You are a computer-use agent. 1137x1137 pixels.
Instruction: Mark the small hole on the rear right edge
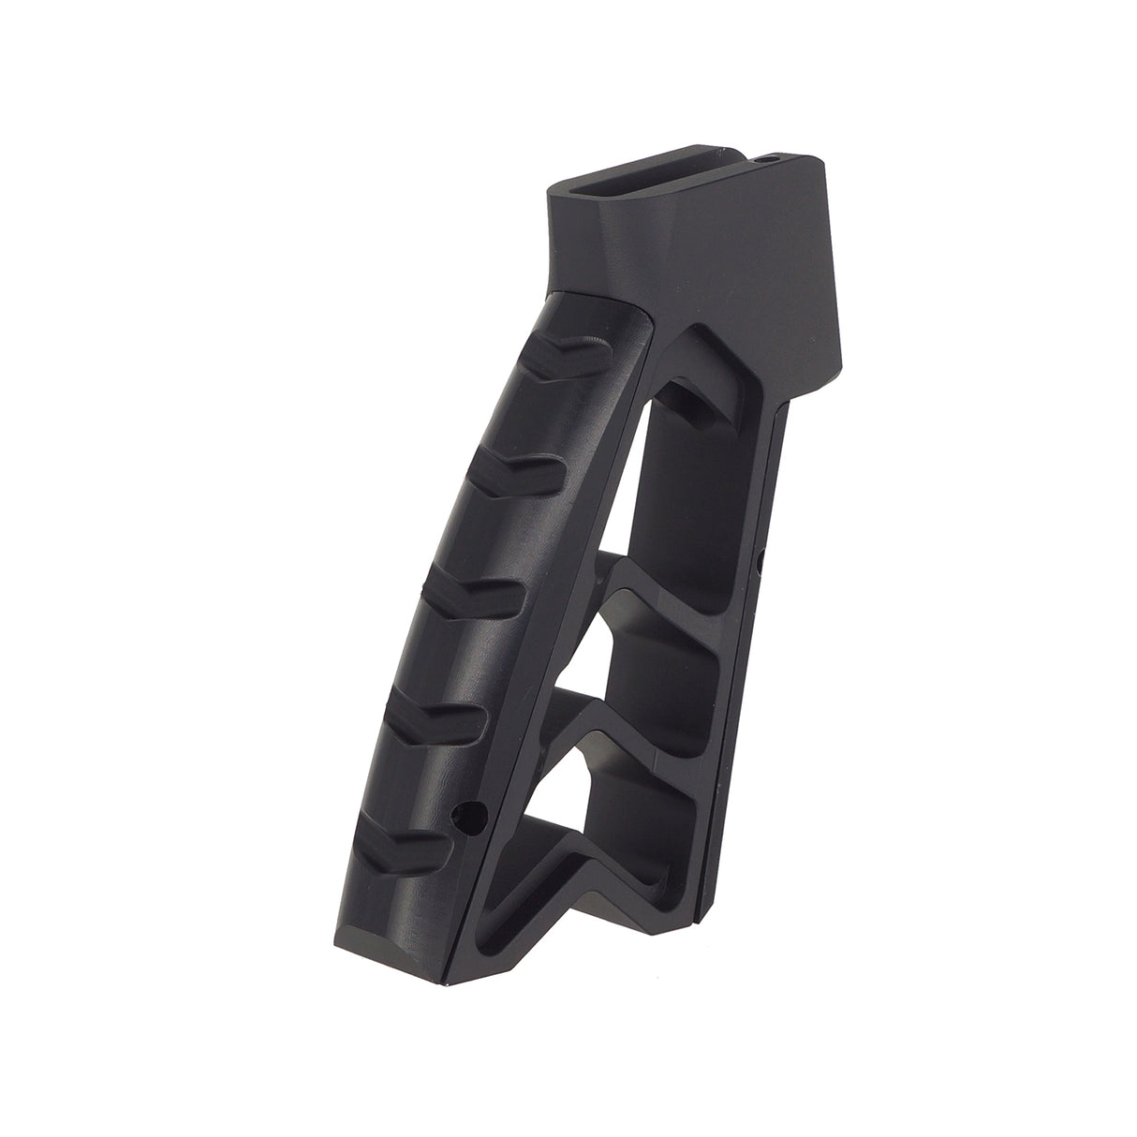tap(760, 563)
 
